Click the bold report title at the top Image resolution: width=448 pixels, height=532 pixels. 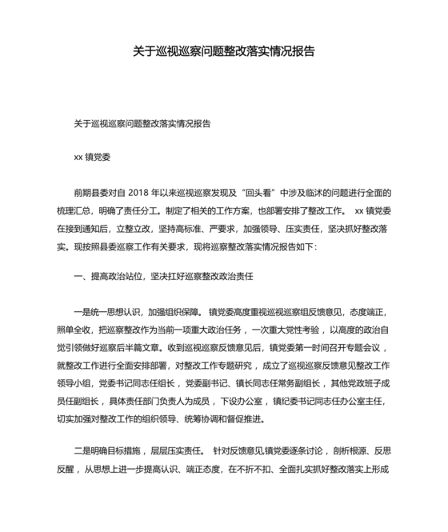tap(223, 51)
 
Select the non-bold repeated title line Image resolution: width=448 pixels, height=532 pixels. tap(142, 124)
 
